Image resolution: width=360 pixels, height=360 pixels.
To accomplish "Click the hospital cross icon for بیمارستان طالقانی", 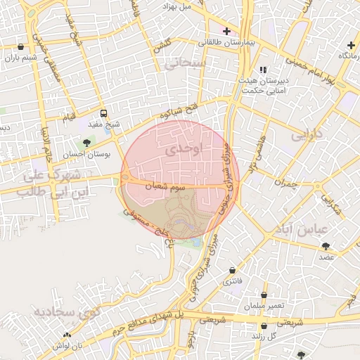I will click(226, 31).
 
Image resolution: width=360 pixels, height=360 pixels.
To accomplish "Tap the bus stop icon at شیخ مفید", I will click(104, 113).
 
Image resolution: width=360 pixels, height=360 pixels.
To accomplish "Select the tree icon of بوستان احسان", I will click(86, 143).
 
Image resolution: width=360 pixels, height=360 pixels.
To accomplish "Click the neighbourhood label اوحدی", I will click(186, 149).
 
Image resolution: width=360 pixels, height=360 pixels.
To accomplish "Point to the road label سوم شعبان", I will click(164, 187).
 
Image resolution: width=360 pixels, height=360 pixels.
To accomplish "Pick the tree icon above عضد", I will click(326, 245).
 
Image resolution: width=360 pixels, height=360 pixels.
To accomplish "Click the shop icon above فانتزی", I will click(232, 271).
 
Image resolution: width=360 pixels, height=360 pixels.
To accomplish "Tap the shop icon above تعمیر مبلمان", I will click(264, 295).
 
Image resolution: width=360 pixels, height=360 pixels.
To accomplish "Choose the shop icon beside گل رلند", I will click(264, 326).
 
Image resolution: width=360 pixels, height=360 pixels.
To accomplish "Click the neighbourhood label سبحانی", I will click(184, 64).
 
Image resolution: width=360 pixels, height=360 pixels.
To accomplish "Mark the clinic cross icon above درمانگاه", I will click(351, 45).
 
